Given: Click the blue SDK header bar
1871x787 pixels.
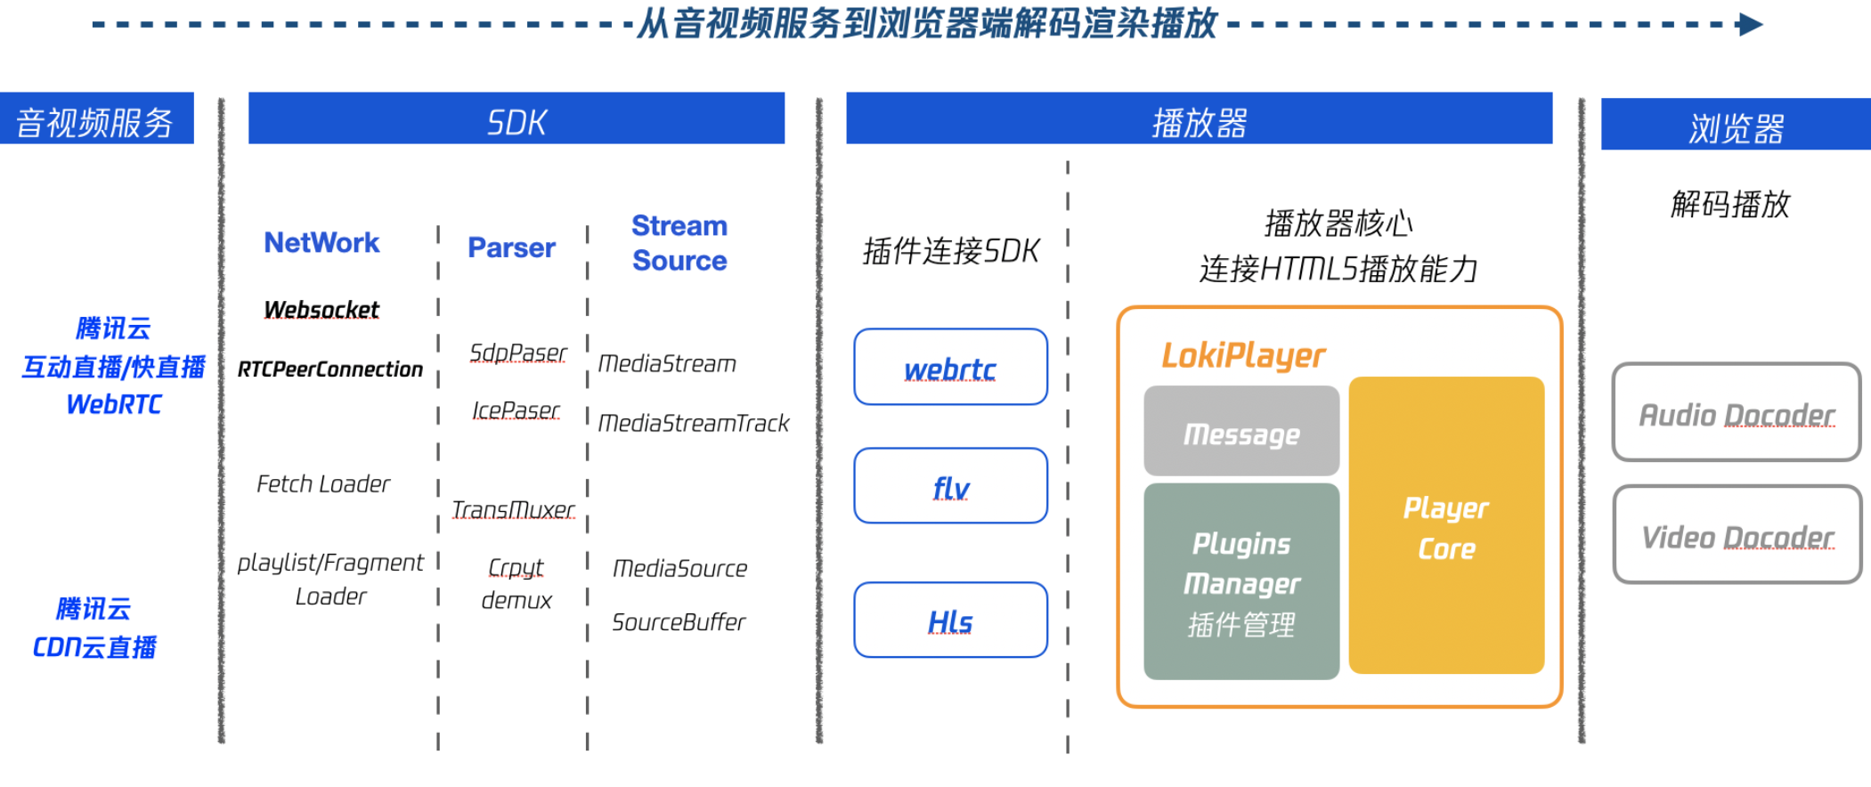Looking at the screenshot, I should point(516,118).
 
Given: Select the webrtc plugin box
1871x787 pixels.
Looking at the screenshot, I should point(950,367).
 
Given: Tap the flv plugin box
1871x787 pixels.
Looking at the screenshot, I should point(950,486).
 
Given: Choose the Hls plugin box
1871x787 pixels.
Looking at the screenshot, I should point(950,621).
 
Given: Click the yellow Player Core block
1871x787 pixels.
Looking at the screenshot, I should point(1446,525).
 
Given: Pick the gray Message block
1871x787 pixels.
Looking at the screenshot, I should point(1241,432).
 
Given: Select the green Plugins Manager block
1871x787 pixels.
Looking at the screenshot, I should point(1241,582).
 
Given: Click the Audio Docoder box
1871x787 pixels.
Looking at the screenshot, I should point(1736,413).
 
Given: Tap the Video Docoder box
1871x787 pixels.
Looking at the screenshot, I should point(1737,535).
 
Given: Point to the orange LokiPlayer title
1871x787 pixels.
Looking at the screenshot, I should point(1243,355).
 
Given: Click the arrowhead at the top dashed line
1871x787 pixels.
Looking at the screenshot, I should point(1750,24).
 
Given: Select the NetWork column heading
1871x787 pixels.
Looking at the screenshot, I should point(321,242).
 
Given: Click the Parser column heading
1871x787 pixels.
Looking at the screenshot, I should point(511,247).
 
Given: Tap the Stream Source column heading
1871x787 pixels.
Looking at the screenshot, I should point(679,243).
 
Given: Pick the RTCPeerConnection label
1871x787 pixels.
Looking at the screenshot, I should point(329,369).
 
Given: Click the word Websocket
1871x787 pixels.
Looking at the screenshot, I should point(321,309).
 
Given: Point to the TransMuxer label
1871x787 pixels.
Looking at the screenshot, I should point(513,509).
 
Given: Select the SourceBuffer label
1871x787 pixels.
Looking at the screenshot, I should point(679,621).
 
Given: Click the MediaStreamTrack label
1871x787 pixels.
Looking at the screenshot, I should point(693,423).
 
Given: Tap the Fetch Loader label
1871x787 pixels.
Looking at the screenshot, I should point(323,483).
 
